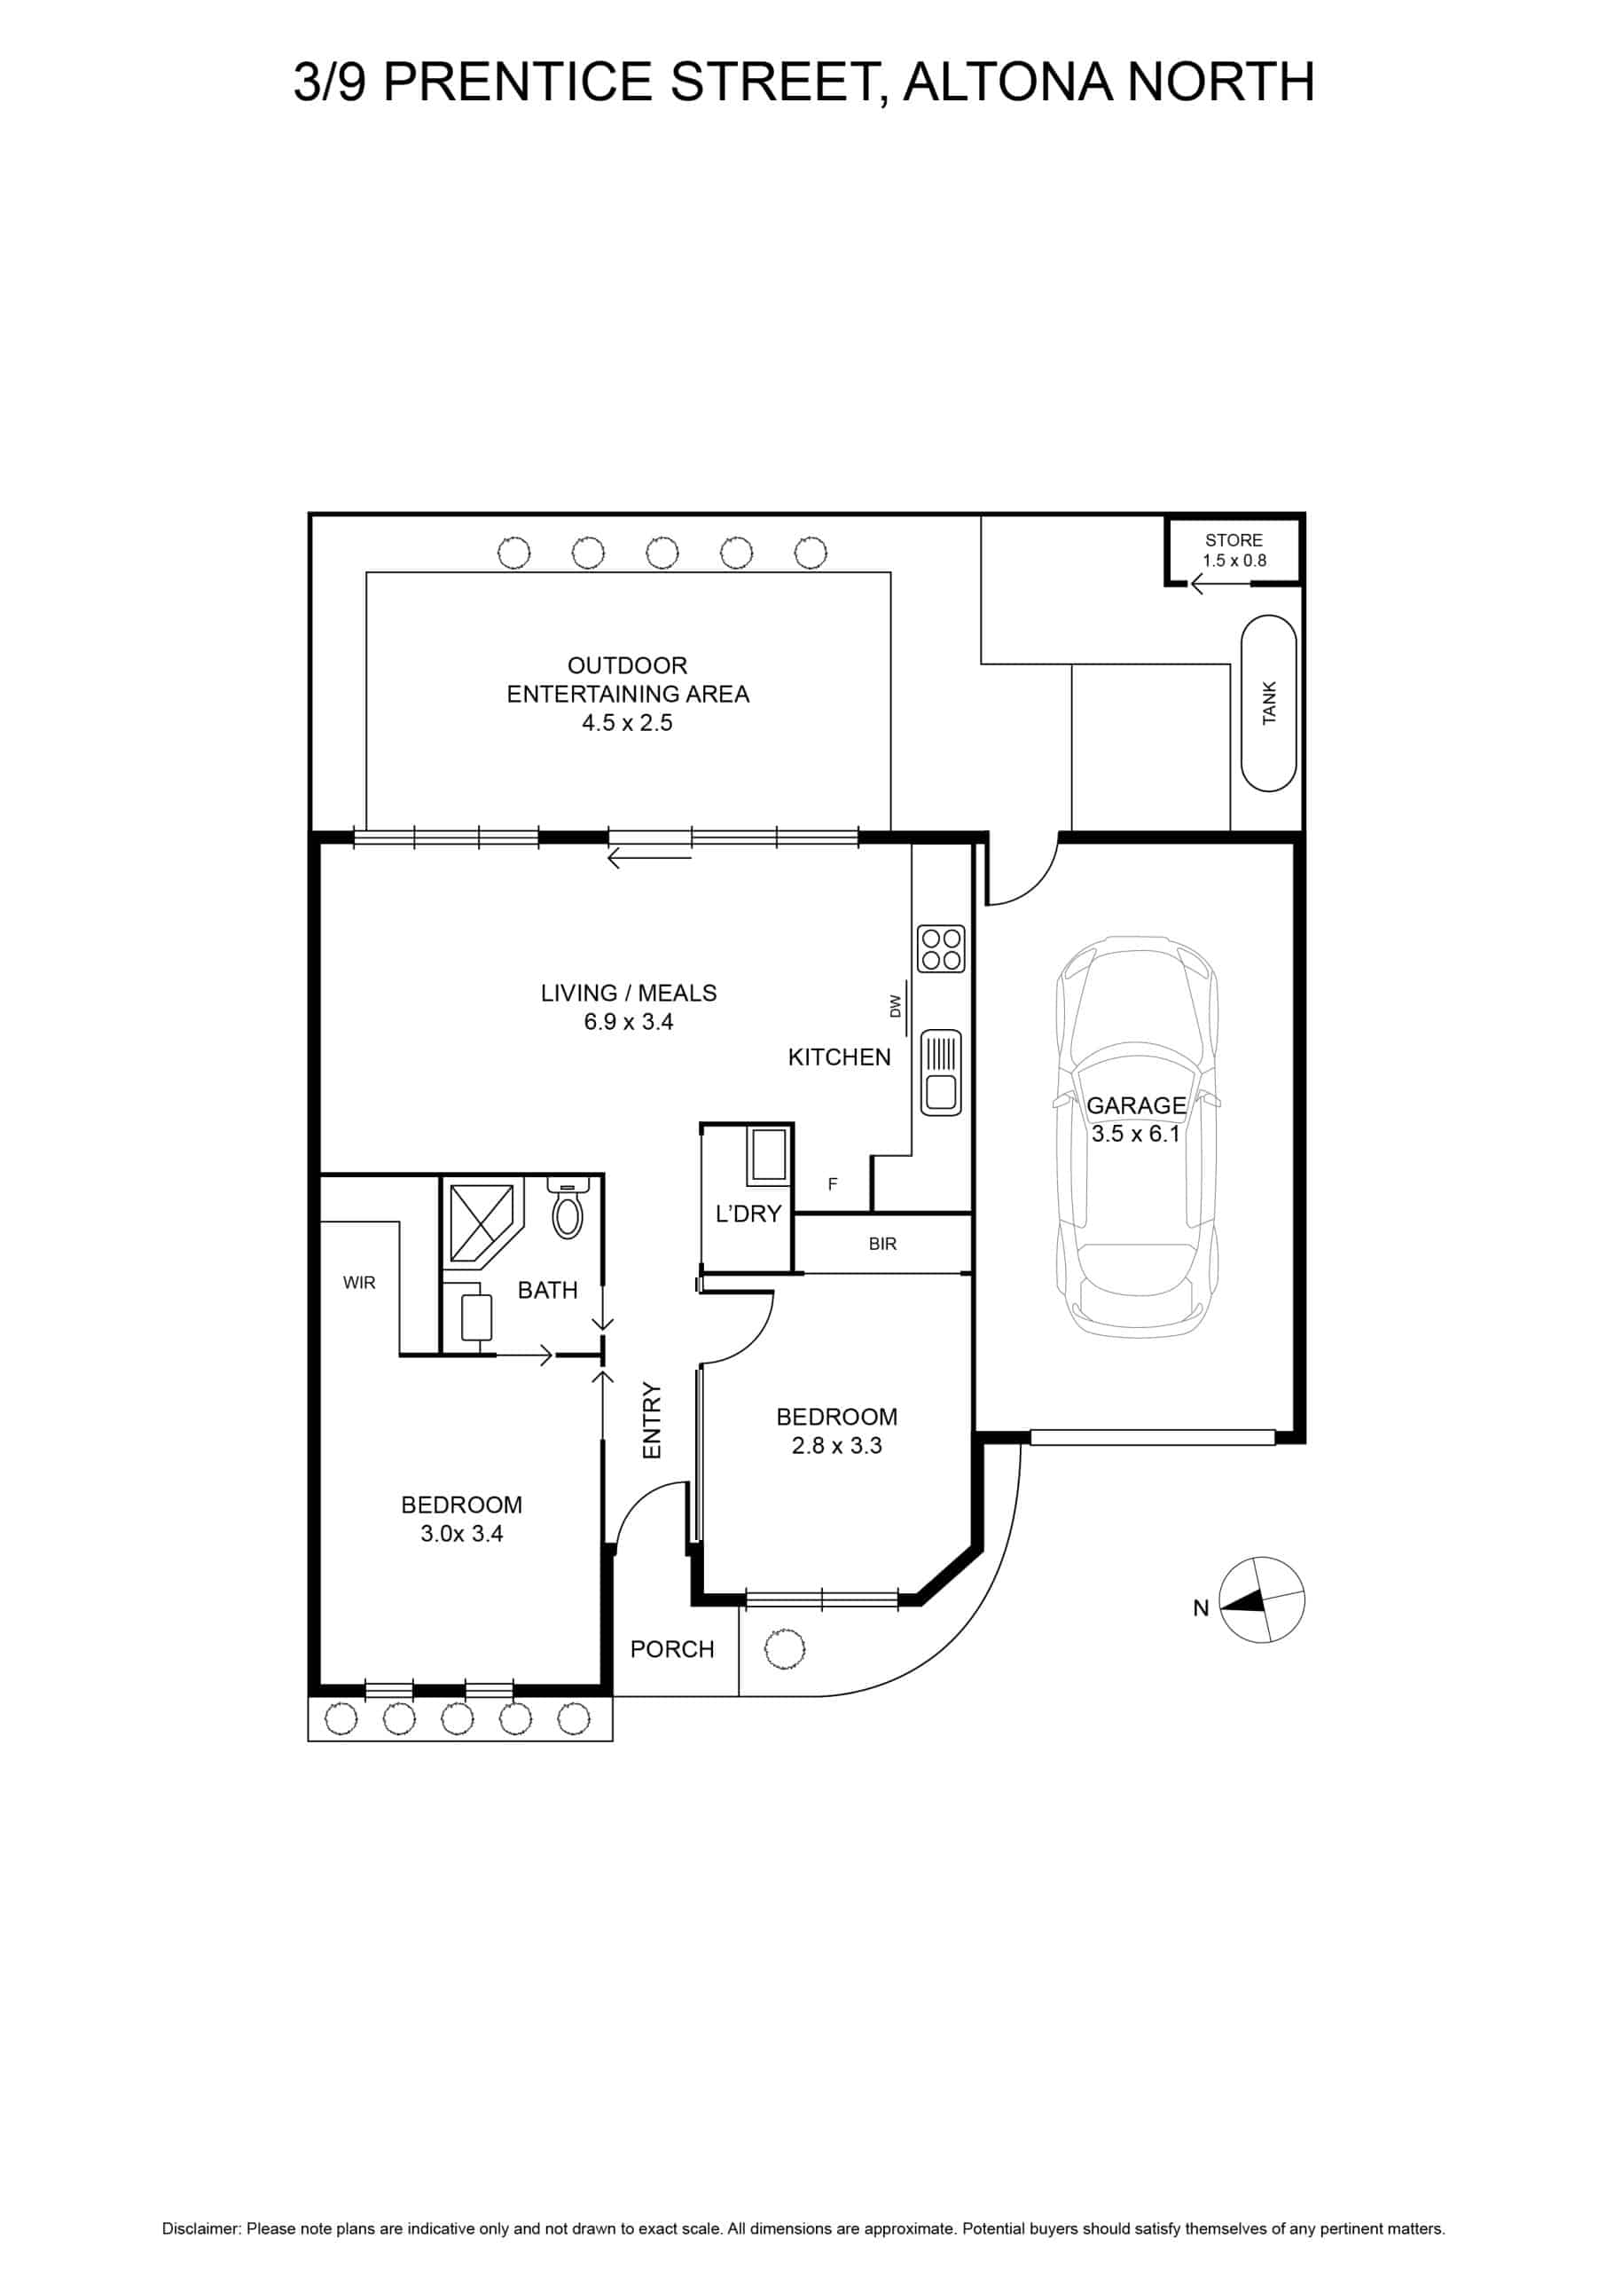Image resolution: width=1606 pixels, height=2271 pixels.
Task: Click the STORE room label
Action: coord(1234,540)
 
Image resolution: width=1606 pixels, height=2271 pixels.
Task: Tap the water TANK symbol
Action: coord(1268,703)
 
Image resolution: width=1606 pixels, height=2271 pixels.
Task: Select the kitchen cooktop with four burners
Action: coord(941,948)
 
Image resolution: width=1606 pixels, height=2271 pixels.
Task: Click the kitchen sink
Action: coord(941,1073)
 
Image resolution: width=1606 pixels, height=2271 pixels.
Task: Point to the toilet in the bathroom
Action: coord(568,1206)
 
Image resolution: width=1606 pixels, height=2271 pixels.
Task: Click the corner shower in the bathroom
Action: coord(482,1221)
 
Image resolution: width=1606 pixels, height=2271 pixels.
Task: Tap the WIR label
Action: coord(359,1283)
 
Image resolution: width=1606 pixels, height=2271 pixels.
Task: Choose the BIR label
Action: coord(882,1245)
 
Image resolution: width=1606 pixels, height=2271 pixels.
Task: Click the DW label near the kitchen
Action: coord(896,1006)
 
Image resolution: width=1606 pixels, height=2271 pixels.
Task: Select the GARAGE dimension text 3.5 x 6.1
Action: coord(1135,1134)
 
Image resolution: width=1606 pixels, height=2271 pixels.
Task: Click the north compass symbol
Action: coord(1261,1599)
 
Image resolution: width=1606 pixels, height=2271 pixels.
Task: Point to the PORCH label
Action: coord(672,1650)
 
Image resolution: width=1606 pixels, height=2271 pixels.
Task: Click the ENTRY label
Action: coord(652,1420)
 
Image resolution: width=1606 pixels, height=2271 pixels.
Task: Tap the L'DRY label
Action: coord(748,1214)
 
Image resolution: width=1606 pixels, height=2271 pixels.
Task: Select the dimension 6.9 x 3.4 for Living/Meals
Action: coord(628,1022)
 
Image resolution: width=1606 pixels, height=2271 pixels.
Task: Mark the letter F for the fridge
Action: coord(833,1184)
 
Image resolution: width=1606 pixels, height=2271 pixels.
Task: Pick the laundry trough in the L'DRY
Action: coord(767,1155)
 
